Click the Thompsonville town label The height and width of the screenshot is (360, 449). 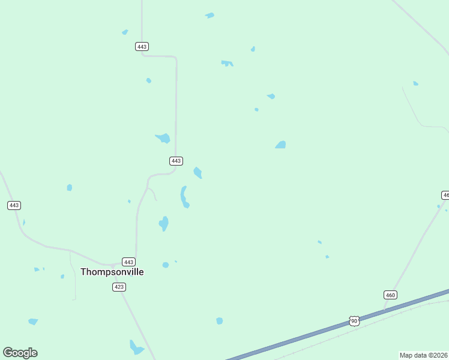[x=112, y=272]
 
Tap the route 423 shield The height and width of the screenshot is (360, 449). [x=119, y=287]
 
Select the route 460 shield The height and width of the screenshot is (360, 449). [x=391, y=295]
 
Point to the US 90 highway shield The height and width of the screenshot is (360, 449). [x=354, y=322]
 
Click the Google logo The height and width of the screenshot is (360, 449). [x=20, y=352]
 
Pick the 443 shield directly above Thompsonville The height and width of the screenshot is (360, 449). [x=128, y=262]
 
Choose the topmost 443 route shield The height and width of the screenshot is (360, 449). [x=142, y=46]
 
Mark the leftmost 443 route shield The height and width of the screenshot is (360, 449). [x=14, y=205]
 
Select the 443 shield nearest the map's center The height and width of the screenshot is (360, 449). [x=176, y=161]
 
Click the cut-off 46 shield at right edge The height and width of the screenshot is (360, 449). [x=445, y=195]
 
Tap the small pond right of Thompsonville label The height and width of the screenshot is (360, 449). [x=165, y=265]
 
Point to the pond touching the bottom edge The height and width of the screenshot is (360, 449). [x=136, y=347]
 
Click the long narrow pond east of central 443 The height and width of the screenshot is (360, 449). [x=184, y=197]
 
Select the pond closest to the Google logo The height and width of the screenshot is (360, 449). [x=32, y=322]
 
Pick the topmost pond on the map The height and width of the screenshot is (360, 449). [x=209, y=15]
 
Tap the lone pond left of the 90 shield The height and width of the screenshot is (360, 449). [x=220, y=321]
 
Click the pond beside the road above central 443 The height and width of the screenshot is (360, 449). [x=163, y=139]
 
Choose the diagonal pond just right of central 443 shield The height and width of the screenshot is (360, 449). [x=197, y=173]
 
